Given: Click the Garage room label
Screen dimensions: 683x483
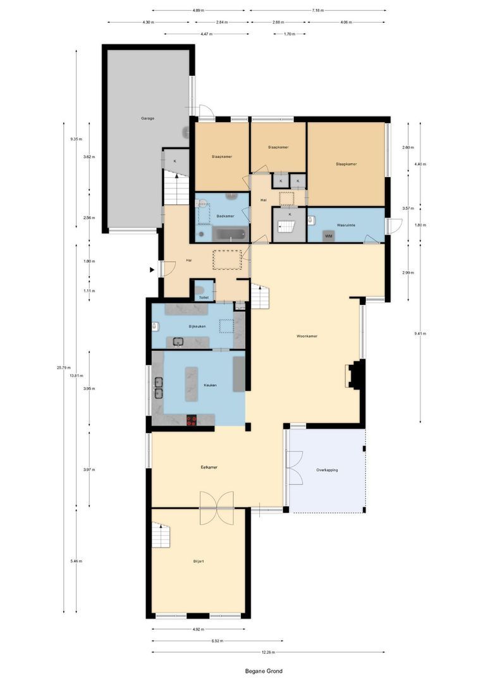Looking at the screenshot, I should pos(147,118).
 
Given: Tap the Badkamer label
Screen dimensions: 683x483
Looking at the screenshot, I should pos(225,216).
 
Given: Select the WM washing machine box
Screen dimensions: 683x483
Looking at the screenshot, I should pos(328,236).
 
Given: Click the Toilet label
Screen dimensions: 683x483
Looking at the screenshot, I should pos(204,297).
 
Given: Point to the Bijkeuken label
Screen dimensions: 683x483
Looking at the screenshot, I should pos(198,326).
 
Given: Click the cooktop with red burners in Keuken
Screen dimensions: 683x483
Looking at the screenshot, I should pos(192,419).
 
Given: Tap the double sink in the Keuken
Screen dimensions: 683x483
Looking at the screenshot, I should pos(158,386).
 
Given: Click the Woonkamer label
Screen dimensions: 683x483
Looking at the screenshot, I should pos(307,336).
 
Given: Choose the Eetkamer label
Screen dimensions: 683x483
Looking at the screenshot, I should pos(209,467).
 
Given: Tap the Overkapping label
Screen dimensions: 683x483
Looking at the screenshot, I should pos(327,470).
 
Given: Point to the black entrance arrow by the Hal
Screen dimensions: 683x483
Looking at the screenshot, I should pos(152,270).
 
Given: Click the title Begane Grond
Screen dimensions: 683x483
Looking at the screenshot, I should pos(264,671).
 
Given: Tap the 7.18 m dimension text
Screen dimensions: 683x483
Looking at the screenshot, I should pos(317,11).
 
